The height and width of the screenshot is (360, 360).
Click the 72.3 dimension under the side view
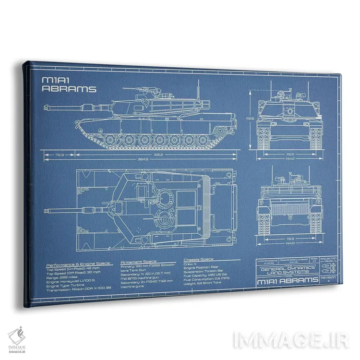[x=60, y=155]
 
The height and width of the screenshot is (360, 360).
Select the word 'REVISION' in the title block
[x=328, y=277]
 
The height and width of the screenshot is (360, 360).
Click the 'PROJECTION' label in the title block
[x=328, y=258]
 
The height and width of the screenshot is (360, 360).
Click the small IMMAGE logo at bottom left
[x=17, y=338]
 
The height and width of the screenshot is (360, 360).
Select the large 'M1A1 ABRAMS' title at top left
[x=69, y=84]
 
